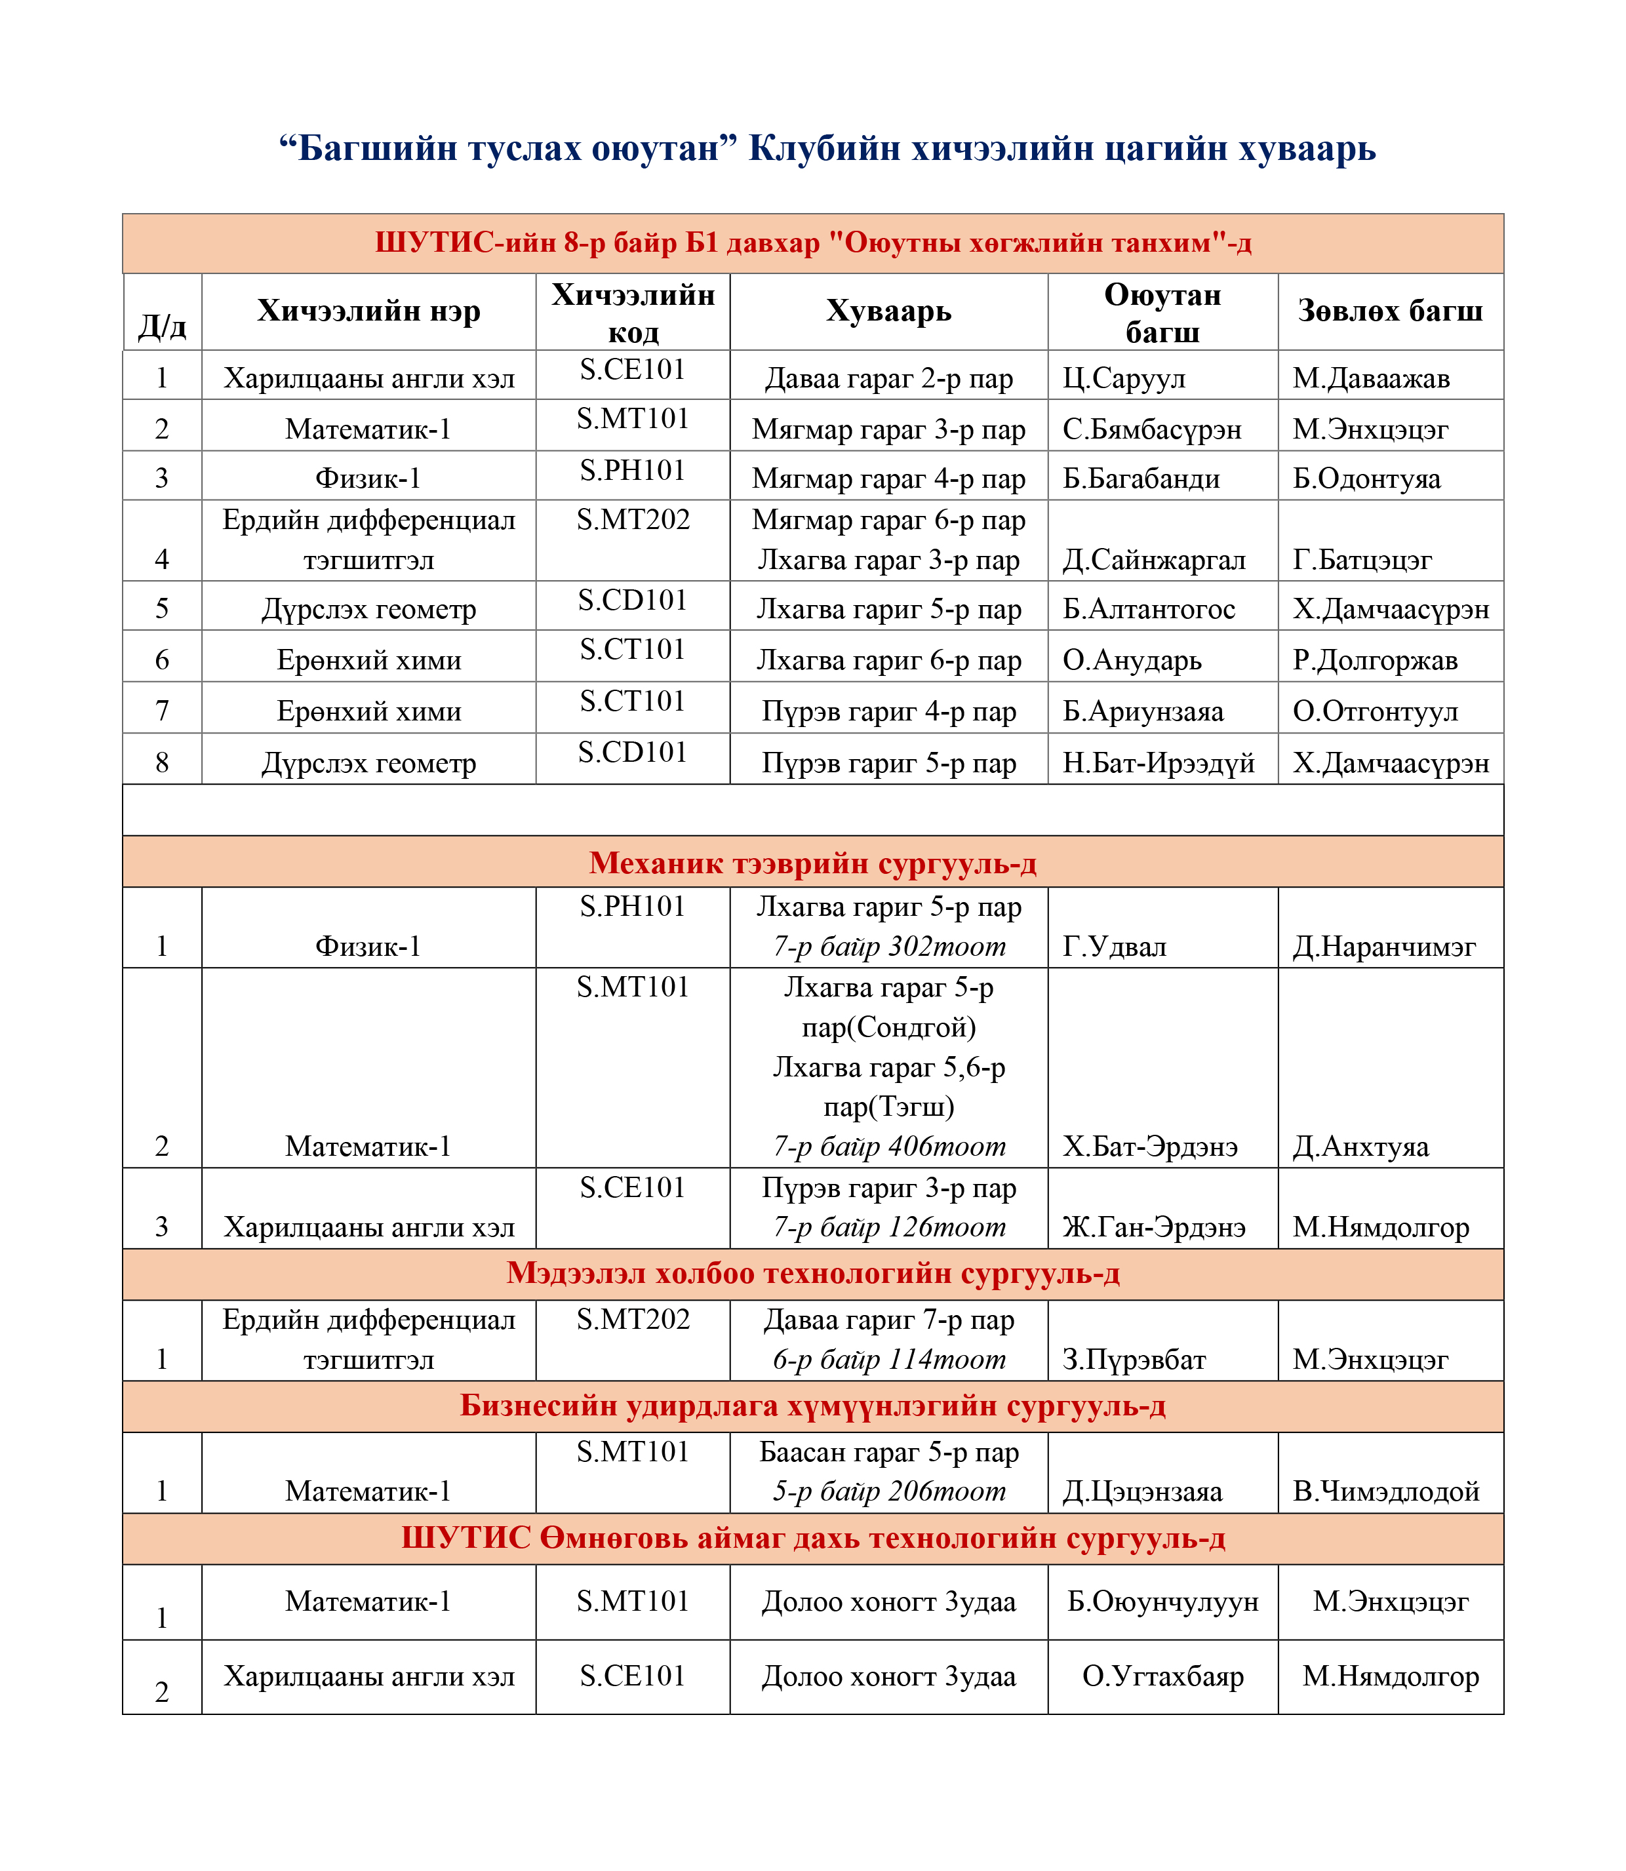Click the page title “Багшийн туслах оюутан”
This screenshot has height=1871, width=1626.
click(508, 148)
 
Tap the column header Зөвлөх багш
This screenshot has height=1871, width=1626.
click(1389, 311)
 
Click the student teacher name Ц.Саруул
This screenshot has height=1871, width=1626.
click(1123, 378)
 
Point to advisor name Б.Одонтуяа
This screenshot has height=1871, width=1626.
click(1366, 478)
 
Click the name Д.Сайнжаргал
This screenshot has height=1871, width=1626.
click(1154, 560)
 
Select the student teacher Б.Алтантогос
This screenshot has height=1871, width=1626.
click(1149, 609)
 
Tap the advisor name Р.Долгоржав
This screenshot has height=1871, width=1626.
click(1375, 660)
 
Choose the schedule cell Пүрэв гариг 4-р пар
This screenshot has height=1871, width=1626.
click(888, 711)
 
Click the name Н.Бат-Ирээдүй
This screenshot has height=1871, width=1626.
click(1159, 763)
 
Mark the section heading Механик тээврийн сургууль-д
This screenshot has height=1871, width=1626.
click(812, 862)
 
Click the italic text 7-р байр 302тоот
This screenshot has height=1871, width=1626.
click(888, 947)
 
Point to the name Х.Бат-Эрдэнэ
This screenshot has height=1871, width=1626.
click(1149, 1147)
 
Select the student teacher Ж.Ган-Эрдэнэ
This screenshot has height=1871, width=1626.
click(1154, 1227)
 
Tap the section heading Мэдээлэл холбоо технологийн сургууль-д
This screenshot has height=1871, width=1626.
click(812, 1273)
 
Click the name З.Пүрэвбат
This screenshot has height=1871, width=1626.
click(1134, 1359)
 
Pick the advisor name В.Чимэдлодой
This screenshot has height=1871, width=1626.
click(1385, 1491)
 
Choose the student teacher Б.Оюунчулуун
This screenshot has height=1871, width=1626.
click(1162, 1602)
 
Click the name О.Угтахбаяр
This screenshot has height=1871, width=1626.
click(1162, 1676)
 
